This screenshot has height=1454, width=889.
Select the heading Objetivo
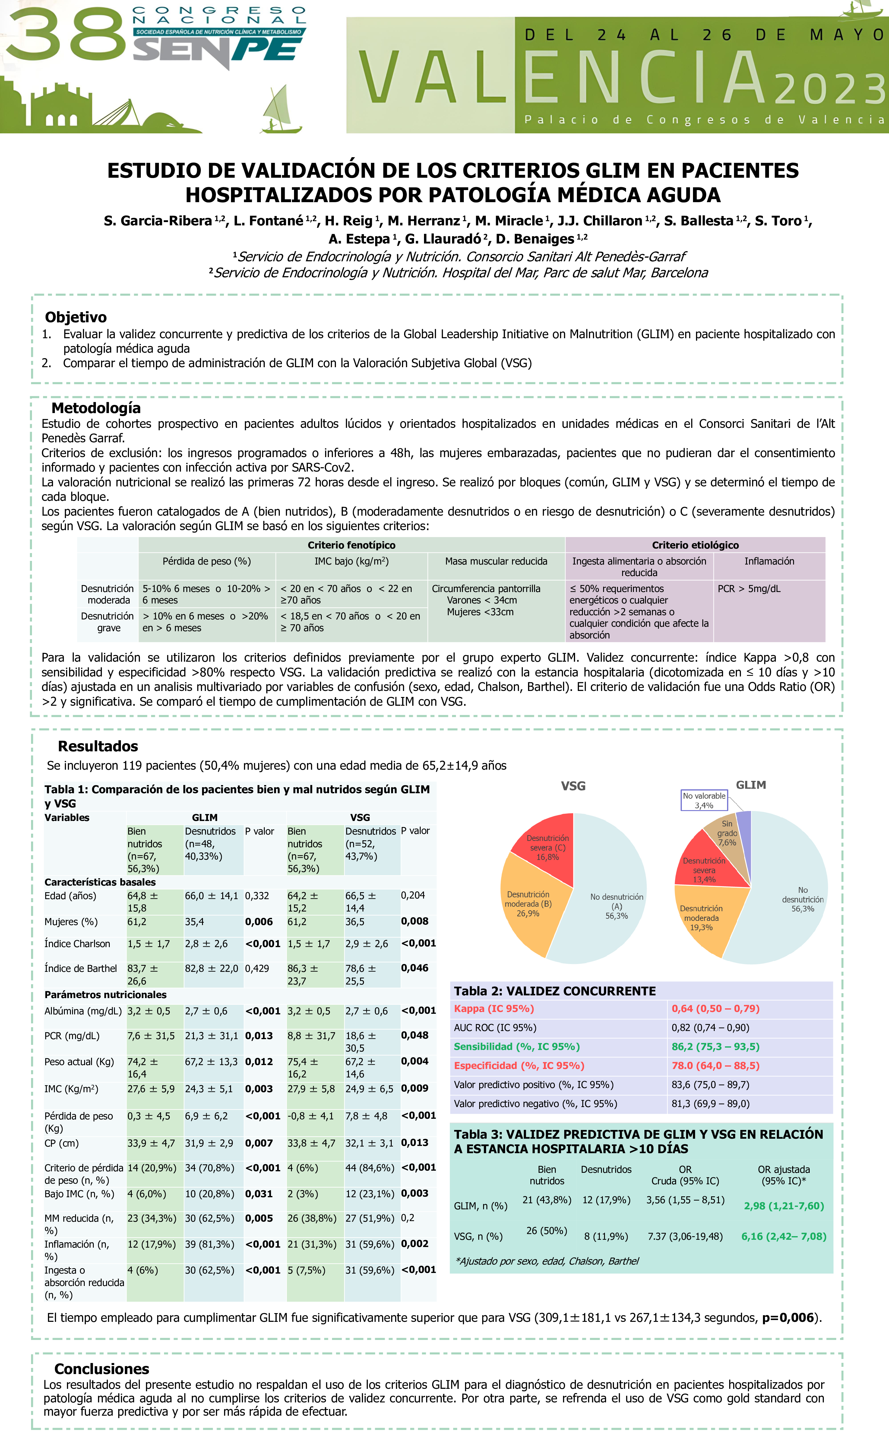point(75,317)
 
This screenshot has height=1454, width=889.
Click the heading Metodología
point(96,408)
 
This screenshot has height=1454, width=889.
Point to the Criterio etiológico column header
point(695,545)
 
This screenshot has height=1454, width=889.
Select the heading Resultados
point(98,746)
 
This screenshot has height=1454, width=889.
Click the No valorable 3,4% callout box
point(704,800)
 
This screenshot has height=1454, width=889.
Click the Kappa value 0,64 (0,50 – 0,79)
point(715,1008)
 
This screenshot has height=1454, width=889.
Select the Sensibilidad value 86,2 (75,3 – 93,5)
point(715,1046)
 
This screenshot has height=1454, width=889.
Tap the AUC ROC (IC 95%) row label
point(495,1027)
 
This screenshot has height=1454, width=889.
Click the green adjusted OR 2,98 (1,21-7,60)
point(783,1206)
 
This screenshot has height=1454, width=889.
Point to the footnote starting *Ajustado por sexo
point(547,1261)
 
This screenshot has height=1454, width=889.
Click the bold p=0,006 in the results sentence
point(788,1317)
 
